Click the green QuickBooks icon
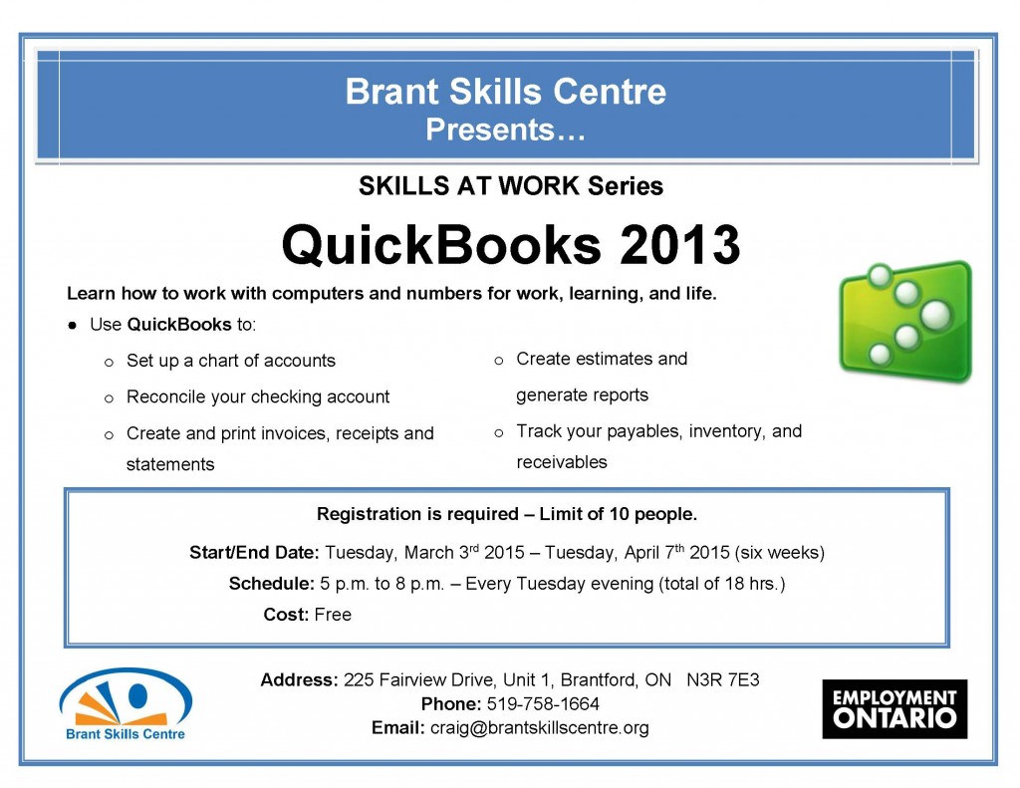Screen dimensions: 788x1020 click(904, 321)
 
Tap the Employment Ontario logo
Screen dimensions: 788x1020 click(894, 708)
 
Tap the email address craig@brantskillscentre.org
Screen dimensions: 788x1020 click(539, 728)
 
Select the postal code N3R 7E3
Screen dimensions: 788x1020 click(723, 680)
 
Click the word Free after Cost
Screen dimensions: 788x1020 click(333, 615)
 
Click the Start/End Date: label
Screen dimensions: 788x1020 click(254, 552)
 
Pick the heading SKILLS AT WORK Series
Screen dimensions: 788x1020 click(510, 186)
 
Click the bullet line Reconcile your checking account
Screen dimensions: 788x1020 click(257, 396)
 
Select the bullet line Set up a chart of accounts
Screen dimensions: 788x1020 click(230, 361)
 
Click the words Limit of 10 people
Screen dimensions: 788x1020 click(618, 515)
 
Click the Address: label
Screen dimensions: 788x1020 click(299, 680)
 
